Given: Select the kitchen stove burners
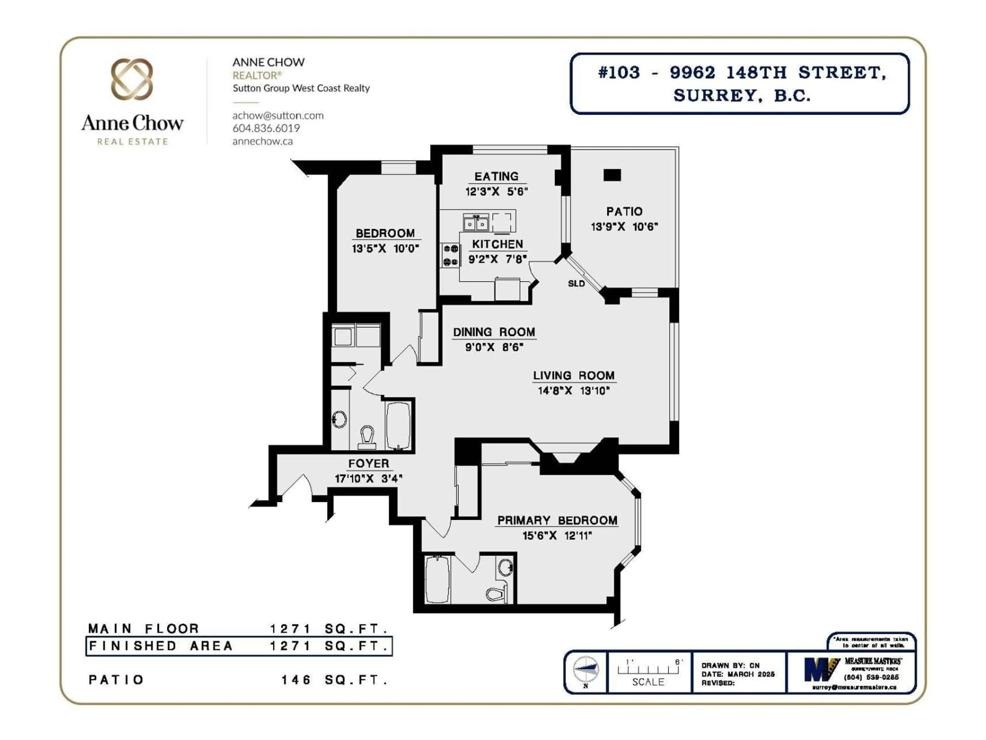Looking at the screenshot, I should click(x=451, y=255).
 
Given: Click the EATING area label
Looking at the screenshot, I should click(x=496, y=176).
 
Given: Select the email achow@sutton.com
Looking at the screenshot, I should click(x=278, y=116).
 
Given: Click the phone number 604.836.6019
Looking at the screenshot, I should click(x=266, y=128).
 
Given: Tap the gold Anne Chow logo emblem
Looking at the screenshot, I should click(x=132, y=79).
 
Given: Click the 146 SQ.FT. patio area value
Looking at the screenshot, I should click(x=334, y=680).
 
